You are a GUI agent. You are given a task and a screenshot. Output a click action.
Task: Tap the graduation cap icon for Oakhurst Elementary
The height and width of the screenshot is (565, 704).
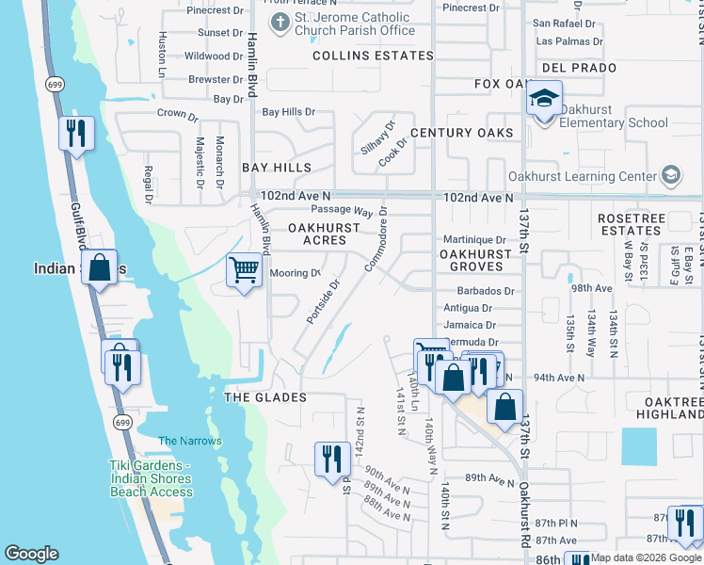click(544, 99)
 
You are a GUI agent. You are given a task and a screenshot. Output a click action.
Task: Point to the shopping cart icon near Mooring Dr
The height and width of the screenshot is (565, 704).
click(245, 271)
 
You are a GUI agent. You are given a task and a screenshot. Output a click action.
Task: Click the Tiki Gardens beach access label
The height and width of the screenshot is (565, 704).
click(151, 478)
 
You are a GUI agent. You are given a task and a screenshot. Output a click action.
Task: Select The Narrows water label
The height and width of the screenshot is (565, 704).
click(190, 441)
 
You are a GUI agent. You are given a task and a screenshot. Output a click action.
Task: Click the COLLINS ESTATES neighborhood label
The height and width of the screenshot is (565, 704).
click(360, 56)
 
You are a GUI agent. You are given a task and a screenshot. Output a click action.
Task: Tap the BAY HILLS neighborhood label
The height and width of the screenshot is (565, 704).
click(276, 168)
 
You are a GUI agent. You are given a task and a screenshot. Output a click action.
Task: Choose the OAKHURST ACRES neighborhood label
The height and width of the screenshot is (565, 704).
click(324, 234)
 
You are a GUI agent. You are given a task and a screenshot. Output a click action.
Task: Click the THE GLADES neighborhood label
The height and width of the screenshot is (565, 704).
click(265, 397)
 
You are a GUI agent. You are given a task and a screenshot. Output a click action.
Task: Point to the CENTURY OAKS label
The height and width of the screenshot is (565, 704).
click(461, 133)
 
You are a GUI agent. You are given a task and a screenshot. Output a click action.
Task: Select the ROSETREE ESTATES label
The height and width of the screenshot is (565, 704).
click(629, 224)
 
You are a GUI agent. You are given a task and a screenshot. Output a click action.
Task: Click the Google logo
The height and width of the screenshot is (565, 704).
click(31, 554)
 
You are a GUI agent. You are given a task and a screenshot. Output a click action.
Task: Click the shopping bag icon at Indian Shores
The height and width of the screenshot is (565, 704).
click(99, 267)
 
